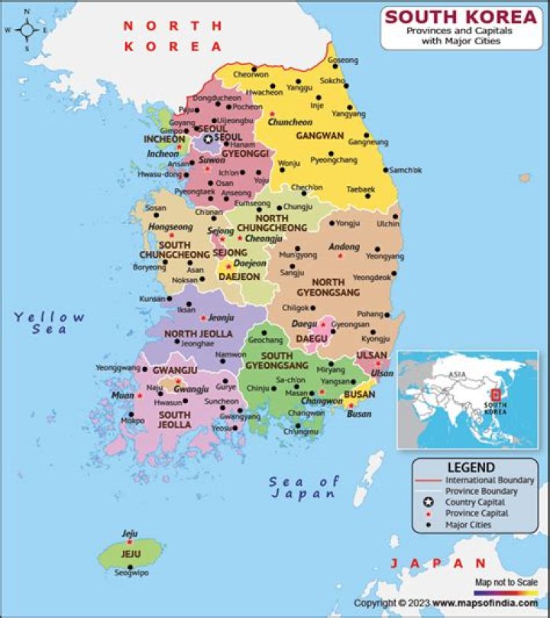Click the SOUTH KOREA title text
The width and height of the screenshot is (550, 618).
tap(460, 16)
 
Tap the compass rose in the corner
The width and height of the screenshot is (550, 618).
tap(27, 31)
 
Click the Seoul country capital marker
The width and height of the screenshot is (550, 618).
tap(208, 138)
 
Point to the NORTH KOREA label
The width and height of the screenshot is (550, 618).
tap(173, 36)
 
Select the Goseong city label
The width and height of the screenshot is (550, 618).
tap(342, 60)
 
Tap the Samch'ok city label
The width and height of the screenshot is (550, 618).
tap(405, 170)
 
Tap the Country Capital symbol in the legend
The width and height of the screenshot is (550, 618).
tap(429, 503)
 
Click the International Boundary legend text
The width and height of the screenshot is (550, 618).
tap(490, 480)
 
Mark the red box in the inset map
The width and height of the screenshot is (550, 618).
tap(495, 394)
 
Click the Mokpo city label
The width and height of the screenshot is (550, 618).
tap(133, 421)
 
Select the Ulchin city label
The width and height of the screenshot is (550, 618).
tap(388, 224)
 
